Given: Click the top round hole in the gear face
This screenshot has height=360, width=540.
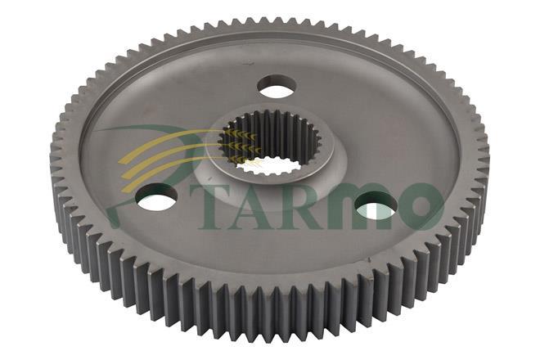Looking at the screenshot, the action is [x=277, y=86].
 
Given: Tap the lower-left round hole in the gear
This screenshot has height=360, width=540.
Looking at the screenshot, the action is [x=156, y=197].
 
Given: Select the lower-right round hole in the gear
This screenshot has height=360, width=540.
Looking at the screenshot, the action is [x=376, y=206].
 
